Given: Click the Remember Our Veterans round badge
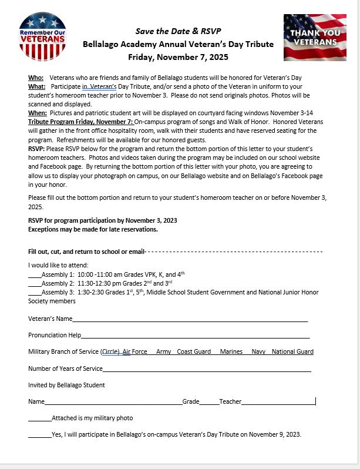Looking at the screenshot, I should click(x=42, y=36).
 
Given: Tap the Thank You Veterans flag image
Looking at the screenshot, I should click(x=315, y=37).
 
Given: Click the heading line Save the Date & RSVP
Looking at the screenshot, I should click(x=179, y=31).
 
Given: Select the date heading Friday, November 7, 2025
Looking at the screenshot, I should click(x=179, y=57).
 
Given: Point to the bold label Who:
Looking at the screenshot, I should click(x=36, y=78).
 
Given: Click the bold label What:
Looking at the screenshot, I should click(x=37, y=86).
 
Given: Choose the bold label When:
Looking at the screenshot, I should click(x=38, y=112).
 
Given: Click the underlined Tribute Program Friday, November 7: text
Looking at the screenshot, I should click(x=81, y=121).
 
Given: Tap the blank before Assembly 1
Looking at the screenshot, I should click(x=35, y=274).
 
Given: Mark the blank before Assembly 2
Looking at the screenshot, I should click(x=35, y=283).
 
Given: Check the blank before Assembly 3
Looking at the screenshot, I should click(x=35, y=292).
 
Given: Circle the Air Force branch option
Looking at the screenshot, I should click(x=135, y=351).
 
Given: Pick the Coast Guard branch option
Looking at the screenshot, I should click(x=194, y=351).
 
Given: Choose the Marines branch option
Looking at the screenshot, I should click(x=231, y=351).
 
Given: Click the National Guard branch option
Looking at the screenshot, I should click(x=292, y=351).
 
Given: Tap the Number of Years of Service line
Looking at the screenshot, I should click(x=207, y=369).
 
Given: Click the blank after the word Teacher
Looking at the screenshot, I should click(x=278, y=402).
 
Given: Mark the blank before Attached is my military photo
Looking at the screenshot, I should click(x=39, y=418).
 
